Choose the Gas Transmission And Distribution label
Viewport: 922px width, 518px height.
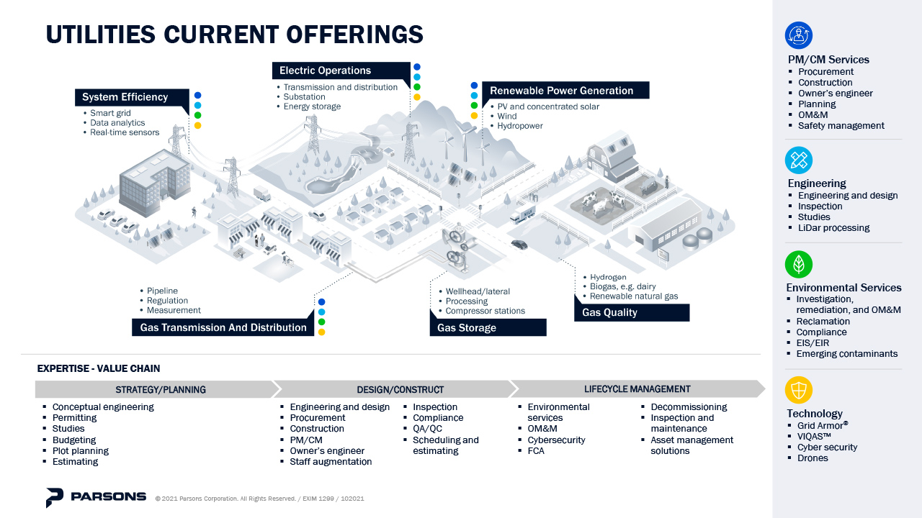[223, 327]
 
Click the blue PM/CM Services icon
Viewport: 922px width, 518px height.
[798, 35]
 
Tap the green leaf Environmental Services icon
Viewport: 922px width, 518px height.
[798, 264]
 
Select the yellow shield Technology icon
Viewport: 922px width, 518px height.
[798, 390]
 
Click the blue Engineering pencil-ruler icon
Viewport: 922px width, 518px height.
[798, 160]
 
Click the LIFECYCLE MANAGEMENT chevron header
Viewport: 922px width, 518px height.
[637, 389]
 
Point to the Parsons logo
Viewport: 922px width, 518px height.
[96, 497]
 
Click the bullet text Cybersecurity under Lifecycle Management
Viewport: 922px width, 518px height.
[556, 440]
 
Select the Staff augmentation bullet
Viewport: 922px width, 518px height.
[331, 462]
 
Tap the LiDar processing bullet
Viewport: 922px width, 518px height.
[833, 227]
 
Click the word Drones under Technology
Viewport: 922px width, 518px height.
[813, 458]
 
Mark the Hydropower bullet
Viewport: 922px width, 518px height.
[520, 126]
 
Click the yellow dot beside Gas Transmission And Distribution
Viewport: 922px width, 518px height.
[321, 332]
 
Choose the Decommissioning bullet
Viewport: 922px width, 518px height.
[689, 406]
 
